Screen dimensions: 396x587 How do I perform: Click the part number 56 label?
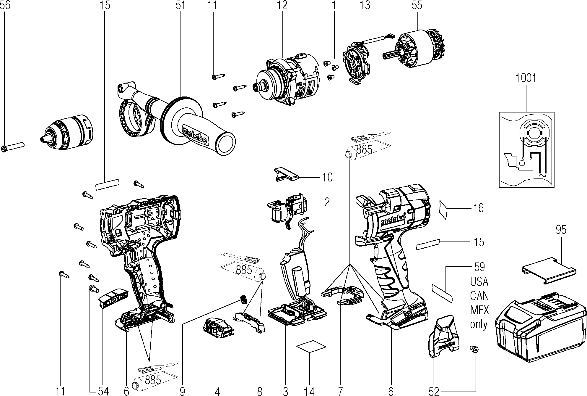5,6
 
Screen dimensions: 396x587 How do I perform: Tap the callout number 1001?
526,78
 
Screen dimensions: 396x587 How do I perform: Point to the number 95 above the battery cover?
561,230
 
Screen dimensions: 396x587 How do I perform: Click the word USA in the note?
479,282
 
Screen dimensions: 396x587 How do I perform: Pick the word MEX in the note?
479,310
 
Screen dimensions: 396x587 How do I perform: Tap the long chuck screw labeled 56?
13,147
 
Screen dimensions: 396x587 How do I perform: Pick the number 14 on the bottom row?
309,391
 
